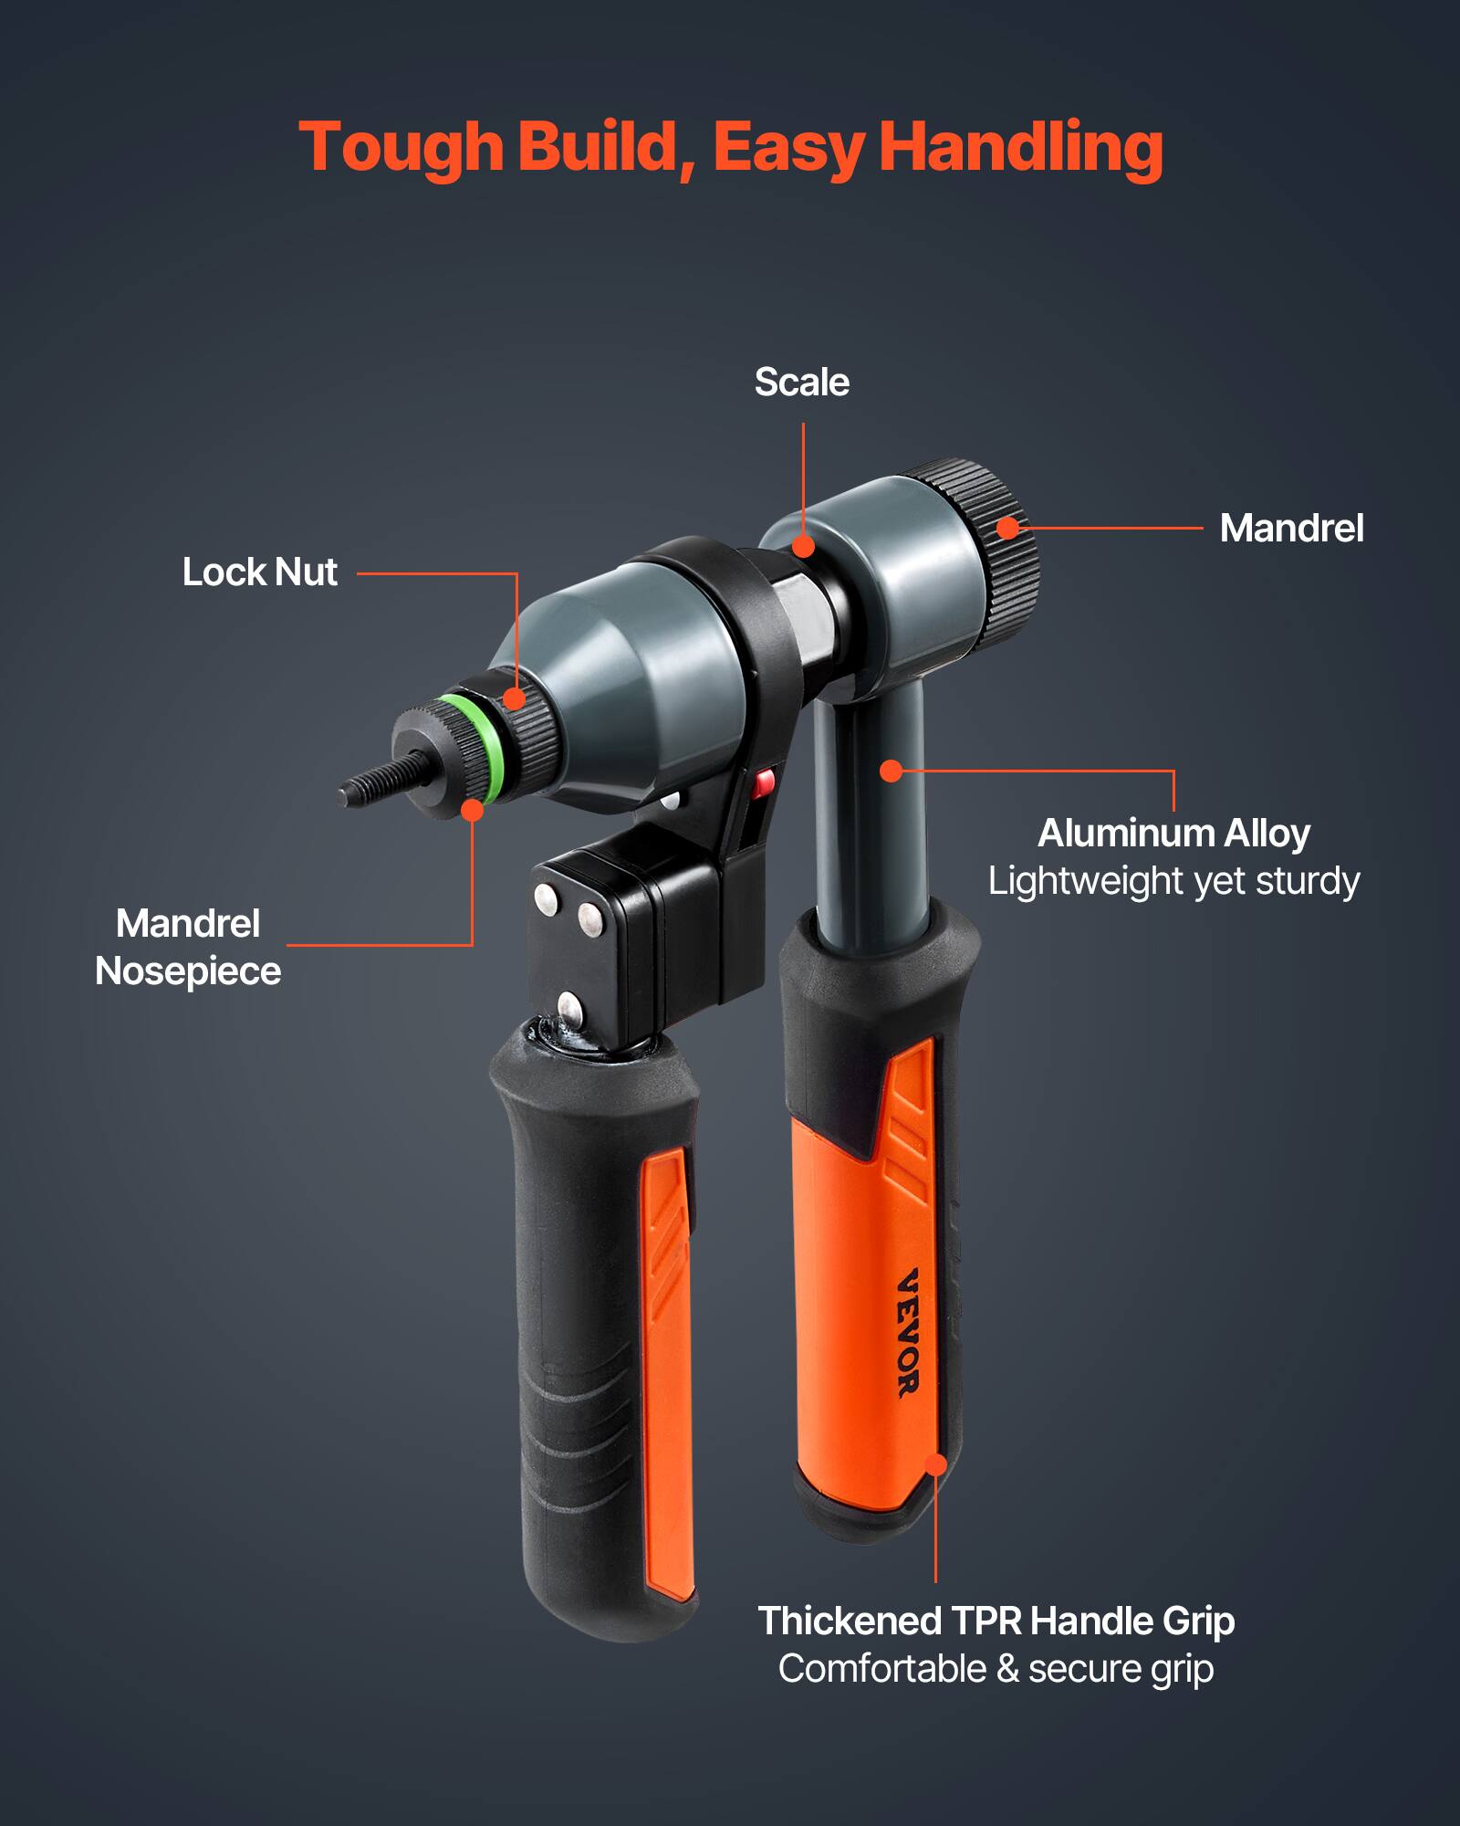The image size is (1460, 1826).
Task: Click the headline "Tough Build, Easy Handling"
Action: (730, 148)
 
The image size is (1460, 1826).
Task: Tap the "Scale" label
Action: (801, 383)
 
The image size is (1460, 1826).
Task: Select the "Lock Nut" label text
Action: (260, 572)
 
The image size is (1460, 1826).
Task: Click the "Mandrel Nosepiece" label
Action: (188, 947)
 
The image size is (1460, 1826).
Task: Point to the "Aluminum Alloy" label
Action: (1173, 833)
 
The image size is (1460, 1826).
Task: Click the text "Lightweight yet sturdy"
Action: (1173, 881)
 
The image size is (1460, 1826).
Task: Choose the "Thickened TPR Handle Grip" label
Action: (996, 1621)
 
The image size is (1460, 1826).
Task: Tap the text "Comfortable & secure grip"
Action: (996, 1669)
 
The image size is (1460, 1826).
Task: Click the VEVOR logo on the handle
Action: (908, 1332)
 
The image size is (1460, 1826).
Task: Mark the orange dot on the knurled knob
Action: (1006, 528)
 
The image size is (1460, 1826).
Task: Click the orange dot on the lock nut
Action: (515, 699)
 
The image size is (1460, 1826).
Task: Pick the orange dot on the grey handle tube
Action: (891, 771)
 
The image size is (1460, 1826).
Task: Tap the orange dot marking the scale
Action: (803, 546)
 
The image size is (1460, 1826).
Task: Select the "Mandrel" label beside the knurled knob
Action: (1291, 529)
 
